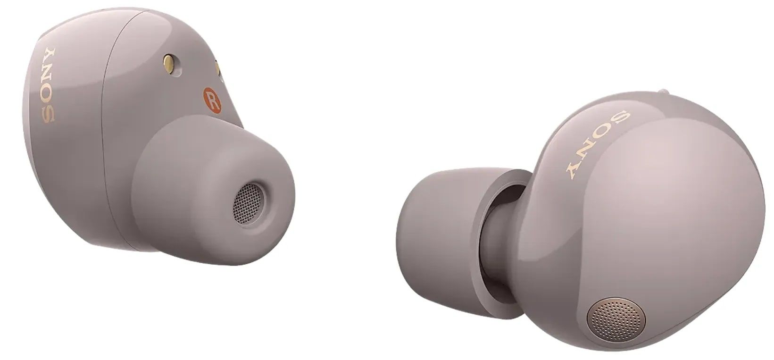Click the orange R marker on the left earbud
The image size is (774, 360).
[212, 100]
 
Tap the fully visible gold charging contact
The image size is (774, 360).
[169, 64]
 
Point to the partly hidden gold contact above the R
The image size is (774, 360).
[218, 68]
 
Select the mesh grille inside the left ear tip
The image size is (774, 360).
[248, 203]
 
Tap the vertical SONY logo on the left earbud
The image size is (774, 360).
[48, 85]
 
